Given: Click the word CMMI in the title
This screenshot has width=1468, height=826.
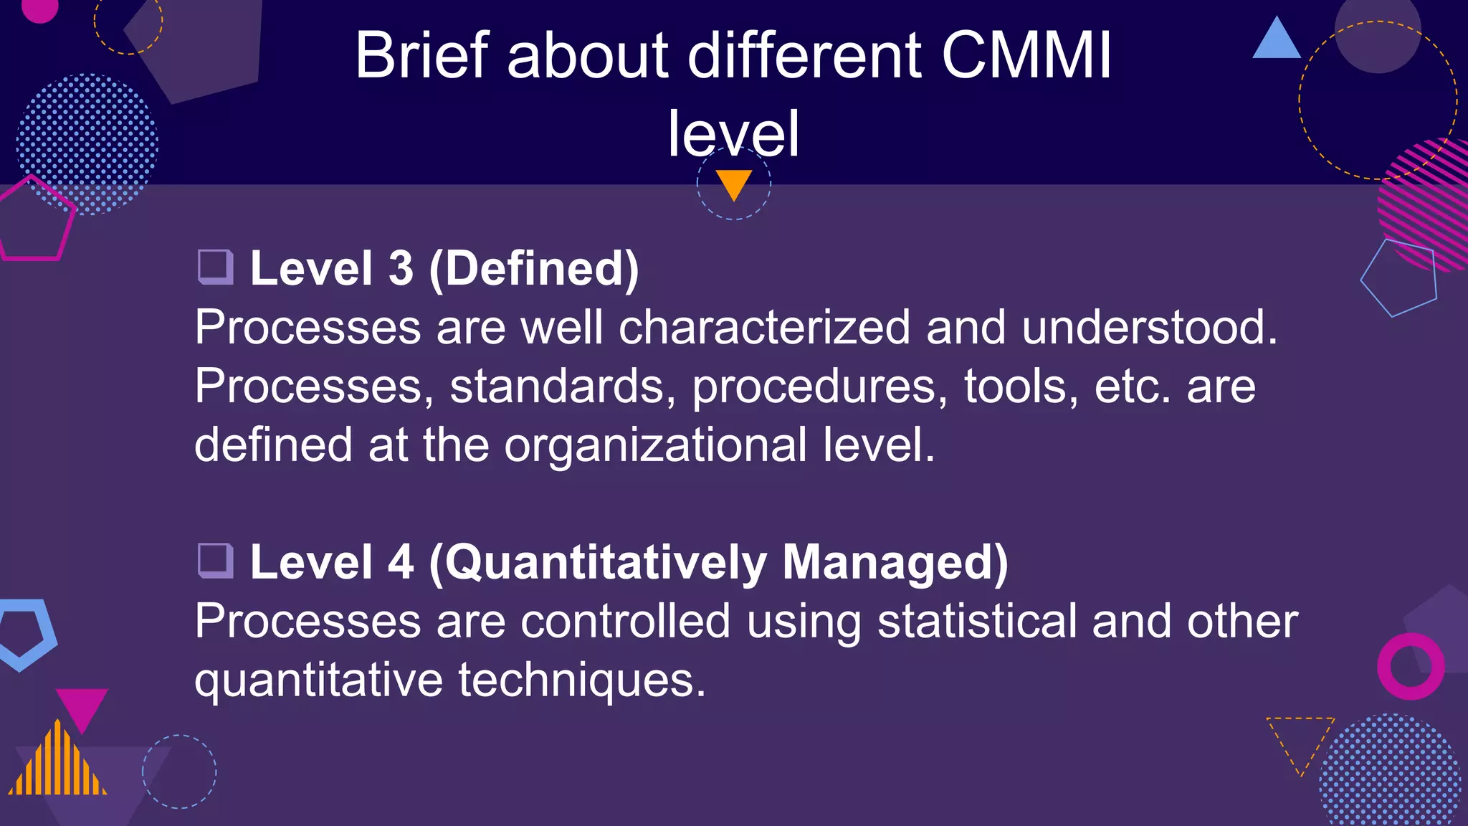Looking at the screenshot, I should [x=1026, y=55].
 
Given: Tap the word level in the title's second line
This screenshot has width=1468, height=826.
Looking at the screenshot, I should [x=733, y=134].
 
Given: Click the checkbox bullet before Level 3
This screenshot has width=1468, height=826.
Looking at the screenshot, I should [x=215, y=267].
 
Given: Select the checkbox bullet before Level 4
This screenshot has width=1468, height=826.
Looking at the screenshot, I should [x=215, y=561].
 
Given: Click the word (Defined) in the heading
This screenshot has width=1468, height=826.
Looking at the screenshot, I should [x=533, y=269].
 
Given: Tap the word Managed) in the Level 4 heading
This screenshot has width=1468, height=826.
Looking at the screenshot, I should [x=895, y=562].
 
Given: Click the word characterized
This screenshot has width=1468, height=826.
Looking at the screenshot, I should [x=764, y=328].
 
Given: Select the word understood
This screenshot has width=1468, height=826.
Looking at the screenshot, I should [x=1149, y=328].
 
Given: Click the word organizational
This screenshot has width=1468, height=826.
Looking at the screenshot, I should [x=656, y=445].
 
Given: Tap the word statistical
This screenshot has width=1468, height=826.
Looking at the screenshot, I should [x=977, y=621].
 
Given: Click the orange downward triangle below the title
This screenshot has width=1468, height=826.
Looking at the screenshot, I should [x=733, y=182].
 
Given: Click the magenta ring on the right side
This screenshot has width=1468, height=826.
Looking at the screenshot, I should [x=1411, y=666].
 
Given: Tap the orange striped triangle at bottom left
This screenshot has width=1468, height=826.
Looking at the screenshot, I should [x=57, y=764].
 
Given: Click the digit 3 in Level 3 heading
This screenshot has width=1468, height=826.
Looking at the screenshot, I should [x=401, y=269].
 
